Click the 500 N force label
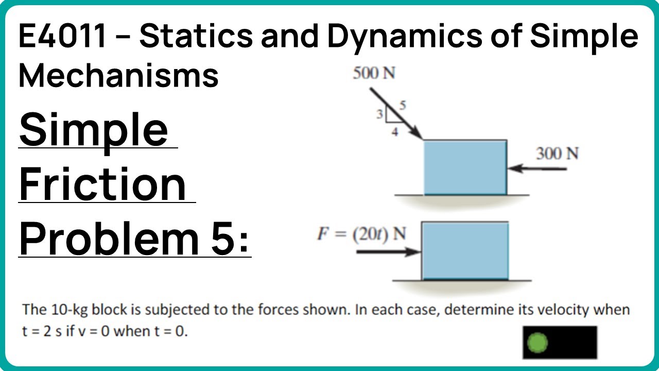pos(374,74)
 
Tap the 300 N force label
pos(557,154)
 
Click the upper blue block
pos(465,167)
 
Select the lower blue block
pos(465,250)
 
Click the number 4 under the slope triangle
pos(395,131)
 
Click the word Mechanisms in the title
pos(118,75)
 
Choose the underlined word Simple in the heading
pos(93,129)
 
